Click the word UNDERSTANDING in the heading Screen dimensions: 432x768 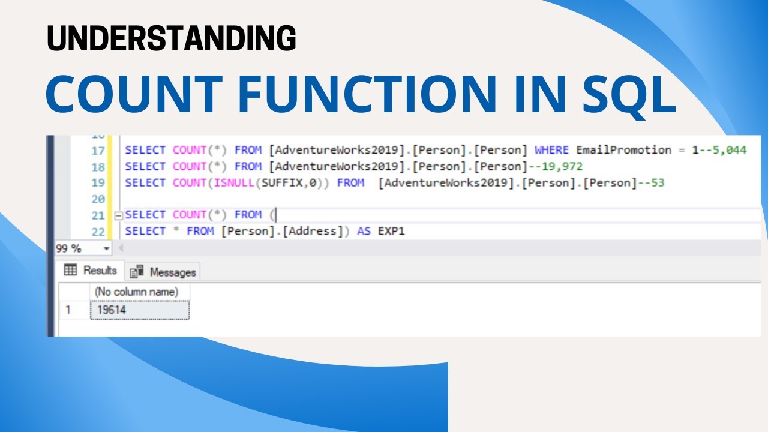coord(171,39)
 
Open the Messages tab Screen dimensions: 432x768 coord(166,272)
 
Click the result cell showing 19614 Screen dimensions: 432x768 coord(140,310)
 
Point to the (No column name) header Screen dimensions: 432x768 coord(137,292)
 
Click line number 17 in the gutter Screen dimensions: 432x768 coord(98,151)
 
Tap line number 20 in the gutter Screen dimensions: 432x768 coord(98,199)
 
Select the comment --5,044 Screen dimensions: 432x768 coord(722,150)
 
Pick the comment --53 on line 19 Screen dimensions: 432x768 coord(650,182)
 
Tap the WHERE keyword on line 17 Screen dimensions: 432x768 coord(551,150)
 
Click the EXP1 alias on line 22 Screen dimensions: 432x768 coord(391,230)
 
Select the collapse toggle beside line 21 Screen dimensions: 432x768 coord(118,215)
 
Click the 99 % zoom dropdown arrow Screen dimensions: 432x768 coord(107,248)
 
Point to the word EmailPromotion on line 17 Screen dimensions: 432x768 coord(623,150)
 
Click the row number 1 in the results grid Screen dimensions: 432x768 coord(68,310)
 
